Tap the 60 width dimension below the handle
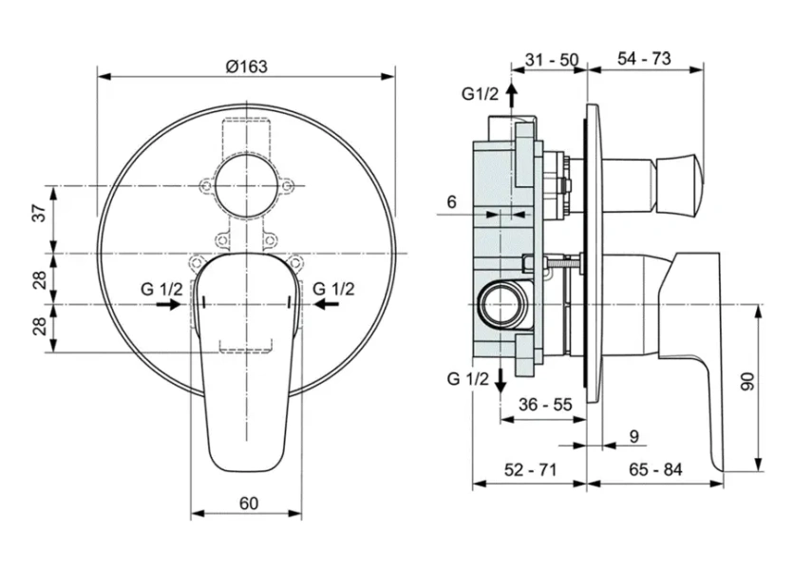247,503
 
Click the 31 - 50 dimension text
552,59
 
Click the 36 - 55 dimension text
545,404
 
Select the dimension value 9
634,436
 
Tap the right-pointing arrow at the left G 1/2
170,304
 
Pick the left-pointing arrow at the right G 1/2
325,304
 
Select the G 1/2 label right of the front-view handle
333,288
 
